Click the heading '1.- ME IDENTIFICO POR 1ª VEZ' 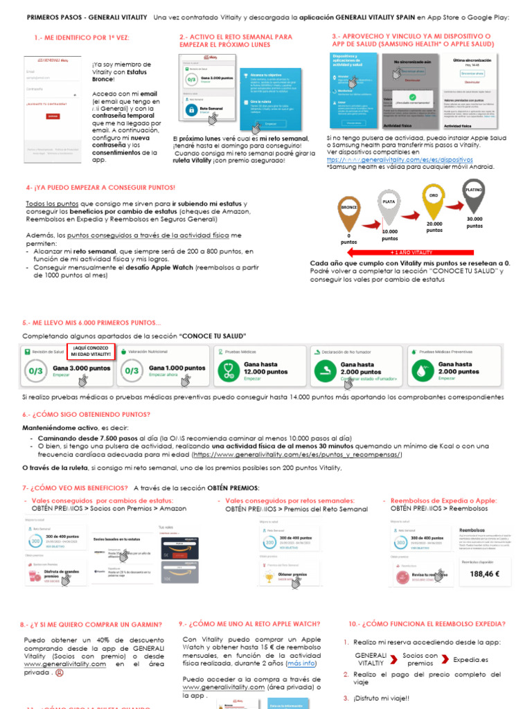coord(81,37)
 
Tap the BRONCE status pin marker coord(350,211)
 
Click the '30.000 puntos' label coord(475,222)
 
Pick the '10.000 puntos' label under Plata coord(389,235)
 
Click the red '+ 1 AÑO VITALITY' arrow coord(412,253)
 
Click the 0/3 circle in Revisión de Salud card coord(35,371)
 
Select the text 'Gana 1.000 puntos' coord(177,368)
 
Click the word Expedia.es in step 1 coord(471,660)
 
